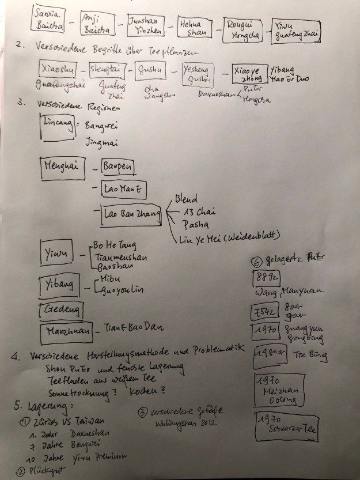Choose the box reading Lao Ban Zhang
pos(130,214)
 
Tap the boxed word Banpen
pos(119,167)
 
